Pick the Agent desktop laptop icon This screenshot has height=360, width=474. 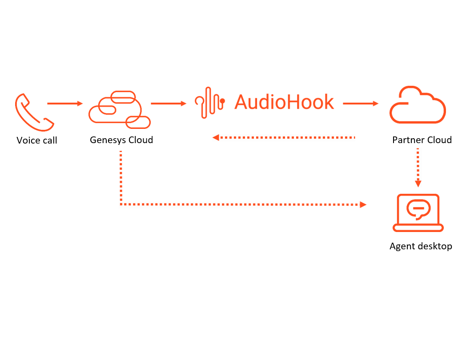(x=418, y=212)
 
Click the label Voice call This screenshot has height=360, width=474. (x=37, y=140)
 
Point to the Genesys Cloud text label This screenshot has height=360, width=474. (x=121, y=140)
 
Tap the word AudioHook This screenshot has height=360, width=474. (x=284, y=102)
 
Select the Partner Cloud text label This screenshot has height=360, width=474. (x=422, y=140)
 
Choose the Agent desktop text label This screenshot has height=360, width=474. (x=421, y=246)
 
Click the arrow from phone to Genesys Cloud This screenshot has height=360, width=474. (x=65, y=104)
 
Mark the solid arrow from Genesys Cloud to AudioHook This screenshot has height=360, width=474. (x=169, y=104)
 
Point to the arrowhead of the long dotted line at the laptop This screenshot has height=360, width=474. (x=363, y=204)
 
